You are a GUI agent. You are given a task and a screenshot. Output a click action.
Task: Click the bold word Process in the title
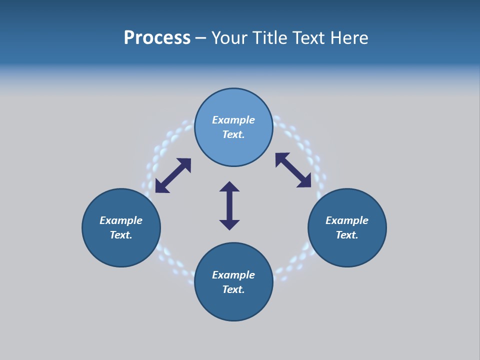(157, 38)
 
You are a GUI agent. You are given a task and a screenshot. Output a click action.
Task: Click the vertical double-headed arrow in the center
(229, 205)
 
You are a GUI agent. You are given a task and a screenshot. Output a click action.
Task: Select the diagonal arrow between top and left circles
(173, 175)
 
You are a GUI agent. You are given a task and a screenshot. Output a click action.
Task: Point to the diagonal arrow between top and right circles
(293, 170)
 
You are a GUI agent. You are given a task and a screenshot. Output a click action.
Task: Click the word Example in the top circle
(233, 120)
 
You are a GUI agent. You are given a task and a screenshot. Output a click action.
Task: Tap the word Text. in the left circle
(121, 235)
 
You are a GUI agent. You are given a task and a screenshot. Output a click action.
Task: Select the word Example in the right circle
(347, 220)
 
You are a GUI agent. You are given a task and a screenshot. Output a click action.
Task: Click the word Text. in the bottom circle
(233, 289)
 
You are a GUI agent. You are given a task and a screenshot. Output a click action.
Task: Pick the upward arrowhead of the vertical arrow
(229, 186)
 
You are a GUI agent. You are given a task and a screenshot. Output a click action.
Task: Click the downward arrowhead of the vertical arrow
(229, 224)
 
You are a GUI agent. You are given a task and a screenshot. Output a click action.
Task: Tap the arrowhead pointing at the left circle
(160, 187)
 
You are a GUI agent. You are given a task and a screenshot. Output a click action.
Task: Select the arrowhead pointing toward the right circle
(305, 182)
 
